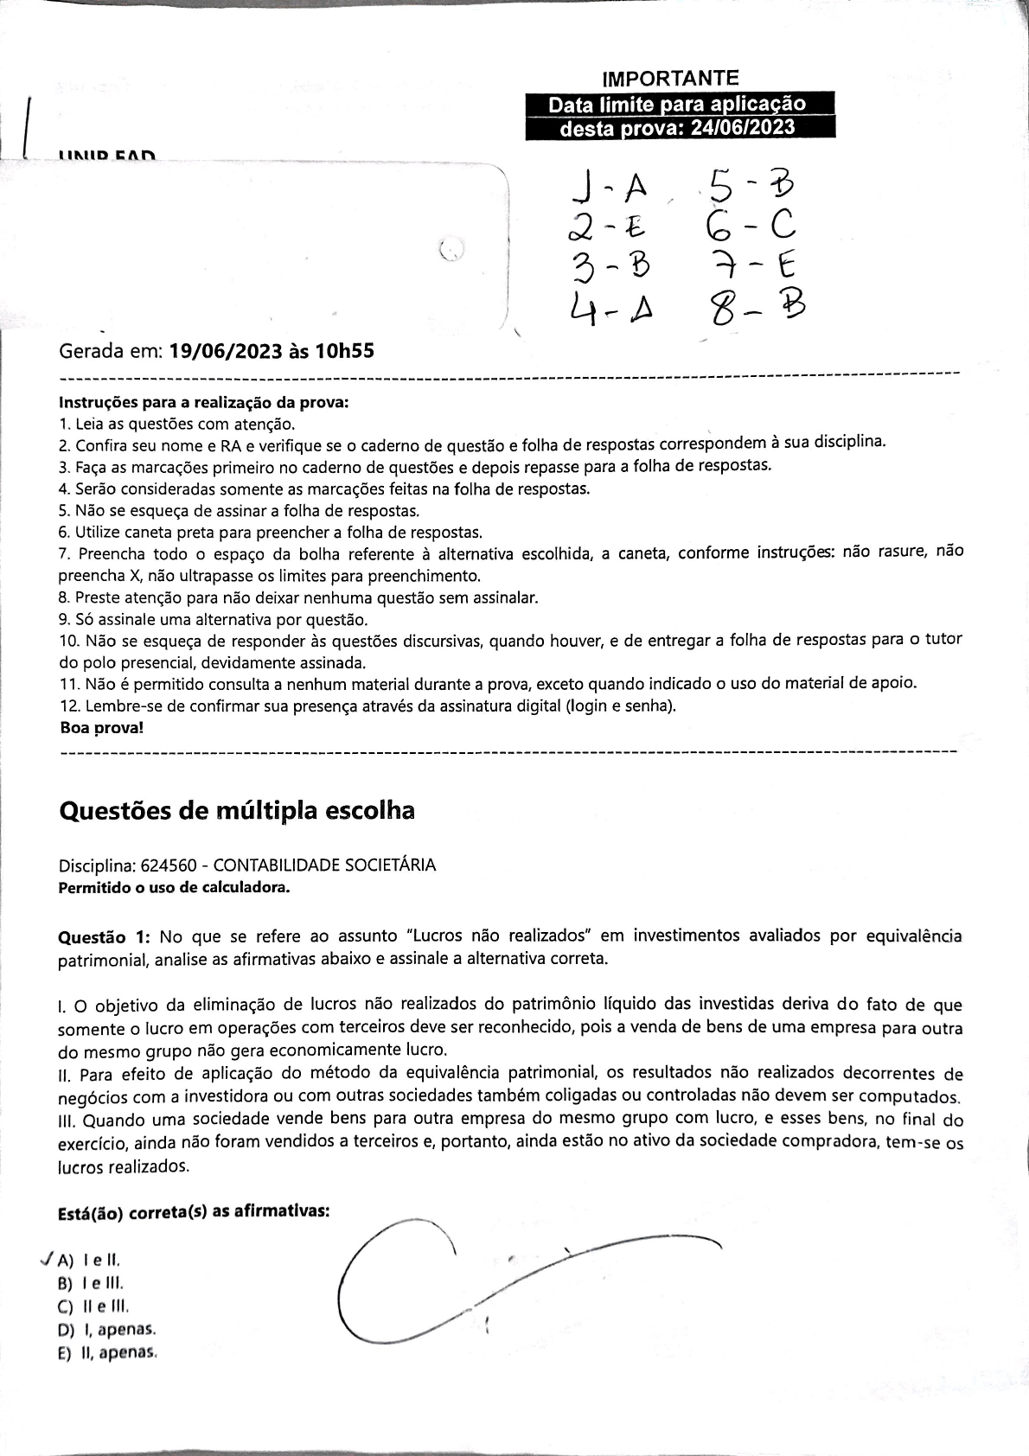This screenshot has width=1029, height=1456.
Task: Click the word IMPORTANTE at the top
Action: pyautogui.click(x=670, y=78)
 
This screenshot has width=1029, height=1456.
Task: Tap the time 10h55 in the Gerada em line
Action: pyautogui.click(x=343, y=351)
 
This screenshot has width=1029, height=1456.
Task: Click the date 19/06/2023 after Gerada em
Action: pyautogui.click(x=226, y=351)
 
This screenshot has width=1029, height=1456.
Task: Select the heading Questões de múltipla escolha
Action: pyautogui.click(x=236, y=810)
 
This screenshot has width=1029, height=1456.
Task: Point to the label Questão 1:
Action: pyautogui.click(x=104, y=936)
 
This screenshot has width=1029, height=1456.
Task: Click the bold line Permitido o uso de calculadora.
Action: pyautogui.click(x=173, y=887)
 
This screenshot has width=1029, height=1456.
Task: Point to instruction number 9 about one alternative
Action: pyautogui.click(x=213, y=620)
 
